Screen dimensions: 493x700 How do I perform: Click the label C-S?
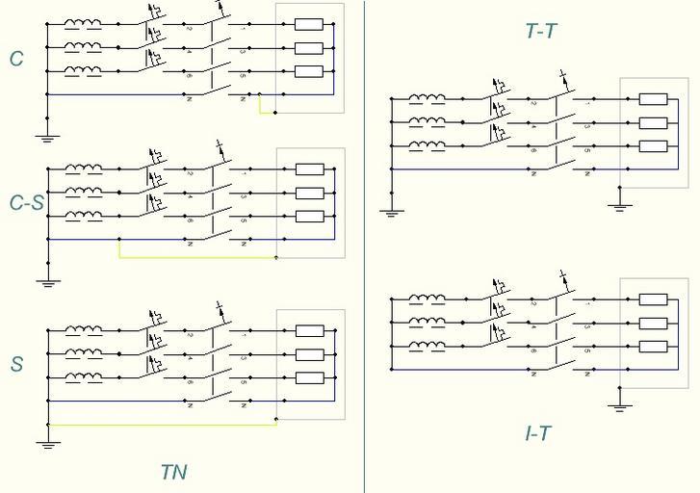[25, 202]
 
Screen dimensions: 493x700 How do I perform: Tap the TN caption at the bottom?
[173, 472]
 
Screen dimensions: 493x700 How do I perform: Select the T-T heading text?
[540, 31]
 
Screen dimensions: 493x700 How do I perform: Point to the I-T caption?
[538, 433]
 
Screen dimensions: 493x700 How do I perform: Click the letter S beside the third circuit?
[16, 365]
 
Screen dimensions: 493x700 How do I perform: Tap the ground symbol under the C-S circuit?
[47, 282]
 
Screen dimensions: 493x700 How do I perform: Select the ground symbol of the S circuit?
[47, 444]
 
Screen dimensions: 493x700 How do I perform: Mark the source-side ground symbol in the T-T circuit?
[391, 212]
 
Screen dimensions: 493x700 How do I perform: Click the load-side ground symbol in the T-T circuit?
[620, 204]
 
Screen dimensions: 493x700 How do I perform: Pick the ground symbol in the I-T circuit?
[620, 406]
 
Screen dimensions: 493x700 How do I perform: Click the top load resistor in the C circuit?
[308, 24]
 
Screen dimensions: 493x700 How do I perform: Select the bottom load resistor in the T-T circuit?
[653, 146]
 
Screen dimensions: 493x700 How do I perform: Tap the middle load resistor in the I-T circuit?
[653, 323]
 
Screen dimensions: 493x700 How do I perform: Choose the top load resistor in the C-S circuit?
[309, 169]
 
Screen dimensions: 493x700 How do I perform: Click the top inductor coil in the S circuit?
[84, 330]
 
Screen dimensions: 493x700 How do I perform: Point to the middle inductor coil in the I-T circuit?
[427, 323]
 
